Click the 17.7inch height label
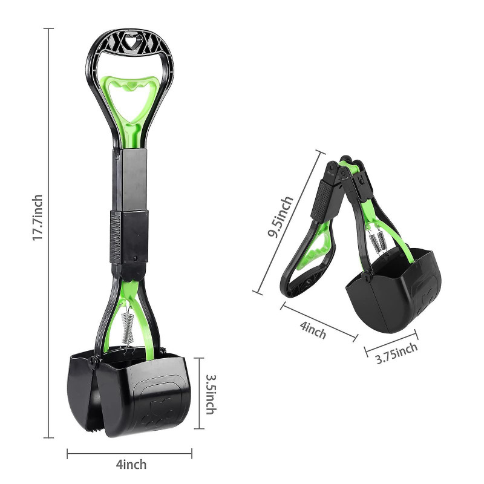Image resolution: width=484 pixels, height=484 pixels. tap(38, 217)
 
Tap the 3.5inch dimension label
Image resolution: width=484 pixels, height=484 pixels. tap(211, 394)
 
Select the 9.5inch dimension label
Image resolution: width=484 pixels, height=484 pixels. tap(280, 217)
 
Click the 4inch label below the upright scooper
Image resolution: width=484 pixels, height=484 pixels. tap(131, 464)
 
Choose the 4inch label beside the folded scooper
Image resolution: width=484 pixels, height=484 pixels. tap(313, 330)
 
